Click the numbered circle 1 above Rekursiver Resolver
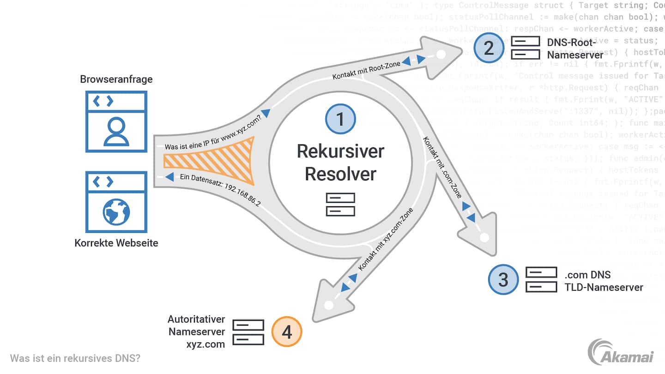pos(340,119)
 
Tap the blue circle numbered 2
pos(488,48)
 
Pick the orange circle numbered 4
pos(287,332)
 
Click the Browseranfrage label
pos(116,79)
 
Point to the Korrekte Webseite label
pos(116,243)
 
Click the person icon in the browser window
pos(116,132)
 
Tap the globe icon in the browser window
pos(116,212)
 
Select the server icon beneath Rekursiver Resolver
pos(340,205)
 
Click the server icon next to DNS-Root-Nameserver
pos(525,48)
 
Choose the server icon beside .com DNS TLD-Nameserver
pos(541,280)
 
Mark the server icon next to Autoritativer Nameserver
pos(248,332)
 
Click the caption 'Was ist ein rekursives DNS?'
pos(75,358)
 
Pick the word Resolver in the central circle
pos(340,174)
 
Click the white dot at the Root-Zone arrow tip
pos(441,54)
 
